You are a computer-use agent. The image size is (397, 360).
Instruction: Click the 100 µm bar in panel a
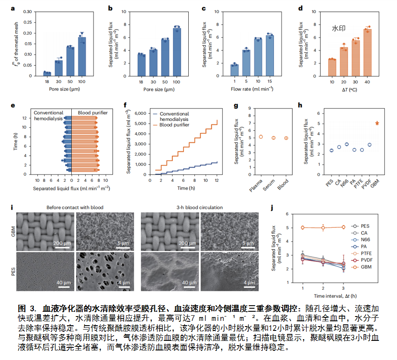[82, 57]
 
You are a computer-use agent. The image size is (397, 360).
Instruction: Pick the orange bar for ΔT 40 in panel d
[367, 53]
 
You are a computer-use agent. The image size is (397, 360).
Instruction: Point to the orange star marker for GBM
[377, 123]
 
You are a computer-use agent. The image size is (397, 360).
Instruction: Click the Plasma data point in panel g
[261, 137]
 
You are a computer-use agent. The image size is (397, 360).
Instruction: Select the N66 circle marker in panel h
[347, 144]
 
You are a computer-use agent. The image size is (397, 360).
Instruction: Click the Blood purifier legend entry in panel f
[174, 124]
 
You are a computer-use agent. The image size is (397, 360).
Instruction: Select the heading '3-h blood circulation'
[199, 207]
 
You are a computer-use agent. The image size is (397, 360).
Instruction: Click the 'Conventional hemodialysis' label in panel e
[49, 116]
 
